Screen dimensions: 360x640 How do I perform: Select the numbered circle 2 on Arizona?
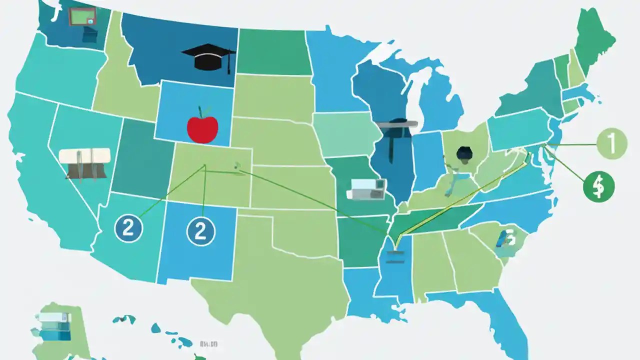(x=128, y=229)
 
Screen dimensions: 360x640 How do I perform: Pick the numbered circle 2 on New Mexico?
(x=200, y=230)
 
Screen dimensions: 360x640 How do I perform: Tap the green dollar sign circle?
(x=598, y=187)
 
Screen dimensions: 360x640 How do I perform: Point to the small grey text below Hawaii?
(x=208, y=344)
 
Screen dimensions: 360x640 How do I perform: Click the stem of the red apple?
(x=200, y=111)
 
